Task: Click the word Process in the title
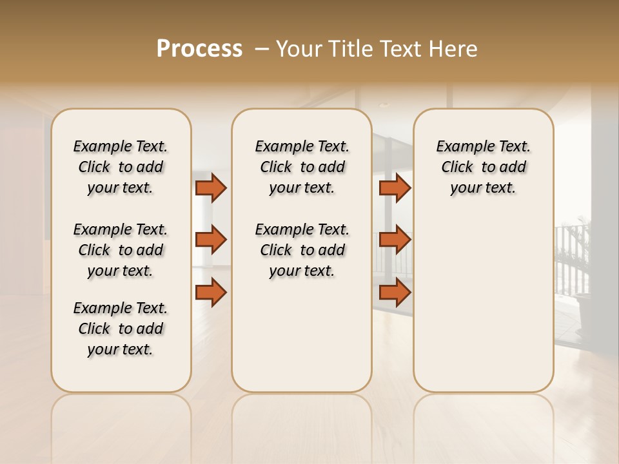click(199, 49)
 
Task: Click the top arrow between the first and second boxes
click(211, 188)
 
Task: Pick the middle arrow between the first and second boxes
click(211, 240)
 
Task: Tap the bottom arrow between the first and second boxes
click(211, 293)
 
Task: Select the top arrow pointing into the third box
click(395, 188)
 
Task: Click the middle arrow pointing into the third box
click(395, 240)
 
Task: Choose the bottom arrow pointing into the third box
click(395, 293)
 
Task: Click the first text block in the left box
click(121, 167)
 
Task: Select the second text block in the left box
click(121, 250)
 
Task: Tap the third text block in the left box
click(121, 329)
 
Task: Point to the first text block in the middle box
click(302, 167)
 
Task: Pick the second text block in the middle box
click(302, 250)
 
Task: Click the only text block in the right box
click(483, 167)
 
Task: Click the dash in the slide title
click(262, 49)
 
